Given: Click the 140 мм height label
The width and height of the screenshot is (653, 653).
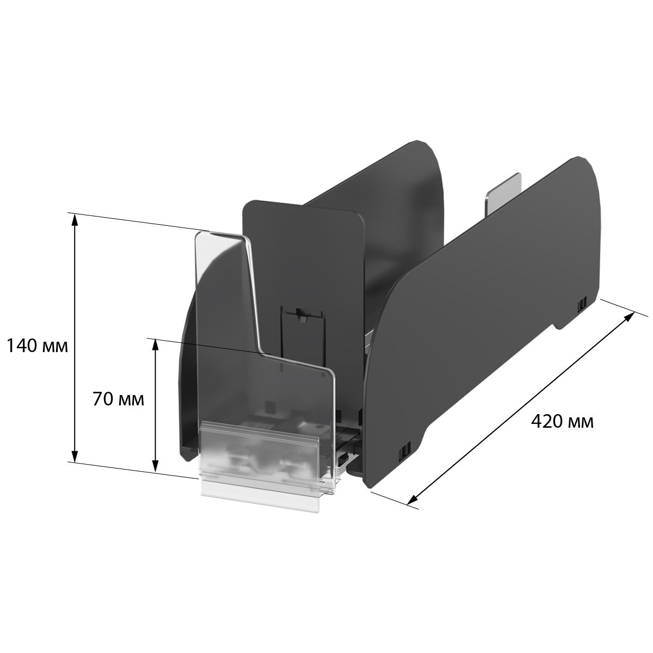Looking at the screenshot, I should (x=37, y=346).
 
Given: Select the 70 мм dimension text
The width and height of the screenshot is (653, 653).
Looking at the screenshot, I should (x=118, y=399).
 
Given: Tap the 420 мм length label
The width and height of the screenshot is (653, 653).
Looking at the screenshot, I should (x=562, y=421).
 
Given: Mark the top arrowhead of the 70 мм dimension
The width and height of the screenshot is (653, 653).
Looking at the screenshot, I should (x=155, y=343).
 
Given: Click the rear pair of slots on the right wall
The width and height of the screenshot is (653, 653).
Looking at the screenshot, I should (x=582, y=302).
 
